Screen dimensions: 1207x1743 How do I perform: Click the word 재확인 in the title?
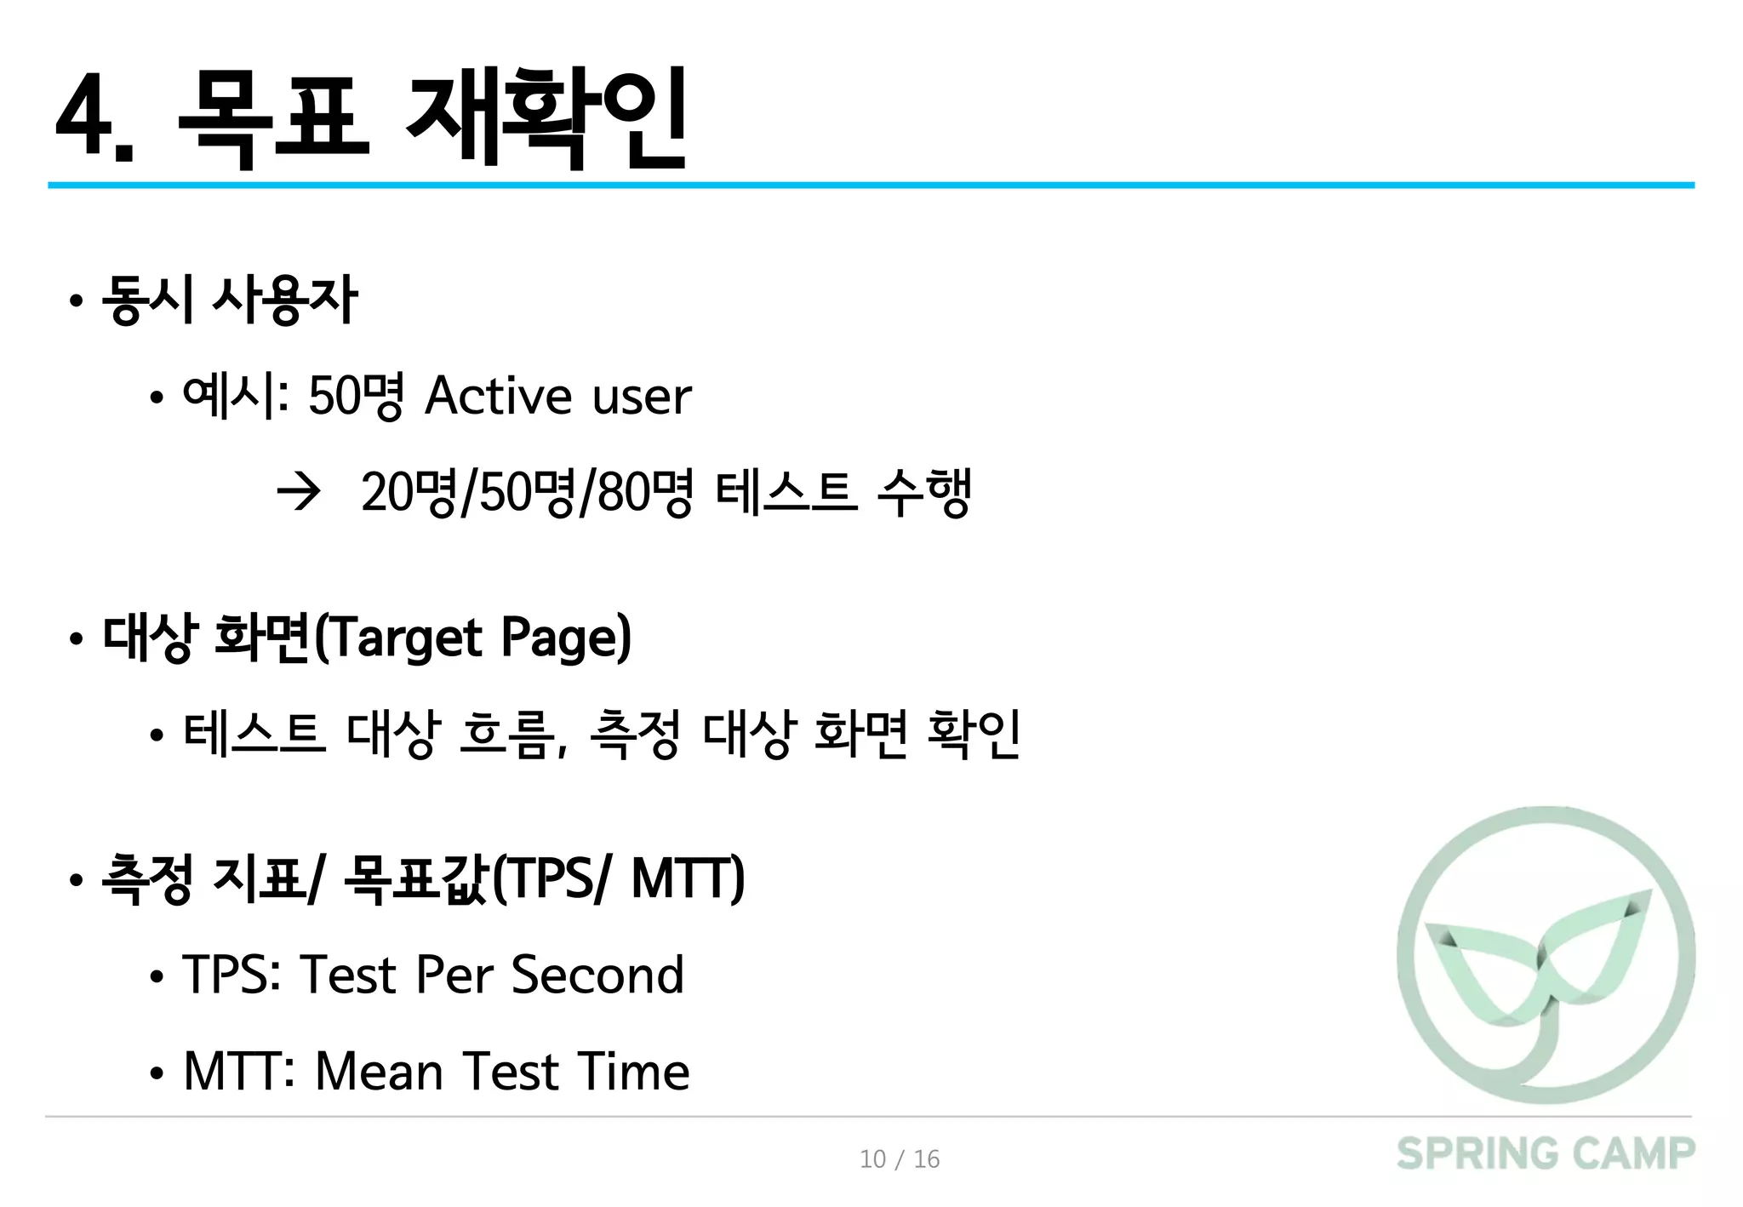pos(546,117)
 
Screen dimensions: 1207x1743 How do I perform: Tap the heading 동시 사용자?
pos(229,300)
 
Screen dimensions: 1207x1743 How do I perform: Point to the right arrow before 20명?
pos(299,492)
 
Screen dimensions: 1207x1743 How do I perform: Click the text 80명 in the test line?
pos(644,492)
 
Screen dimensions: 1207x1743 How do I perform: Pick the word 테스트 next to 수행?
pos(785,492)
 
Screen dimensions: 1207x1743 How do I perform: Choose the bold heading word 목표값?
pos(417,878)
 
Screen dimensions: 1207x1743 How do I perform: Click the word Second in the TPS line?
pos(597,975)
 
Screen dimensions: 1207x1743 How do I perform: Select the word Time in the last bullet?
pos(632,1071)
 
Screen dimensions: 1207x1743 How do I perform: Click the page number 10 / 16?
pos(900,1159)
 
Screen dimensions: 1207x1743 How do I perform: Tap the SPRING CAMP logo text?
pos(1545,1154)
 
